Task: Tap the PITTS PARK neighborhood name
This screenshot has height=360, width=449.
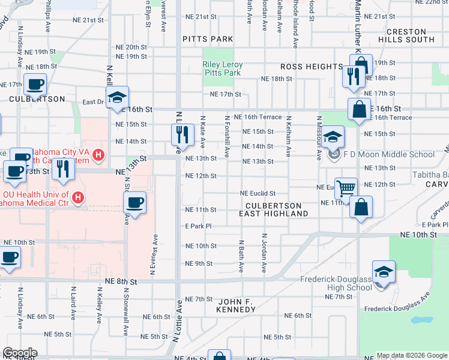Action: click(208, 39)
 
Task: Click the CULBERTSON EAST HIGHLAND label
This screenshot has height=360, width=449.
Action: click(273, 209)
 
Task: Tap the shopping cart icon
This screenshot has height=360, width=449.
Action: click(346, 188)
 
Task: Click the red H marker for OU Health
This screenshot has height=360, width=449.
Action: click(77, 197)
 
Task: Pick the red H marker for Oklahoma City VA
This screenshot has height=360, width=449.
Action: click(99, 155)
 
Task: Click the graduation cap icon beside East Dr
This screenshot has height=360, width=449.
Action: click(118, 98)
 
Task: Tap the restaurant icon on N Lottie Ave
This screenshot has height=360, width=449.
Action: click(182, 134)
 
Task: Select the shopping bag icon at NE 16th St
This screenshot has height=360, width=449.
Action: click(359, 110)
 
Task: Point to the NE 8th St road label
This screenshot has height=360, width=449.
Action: click(121, 281)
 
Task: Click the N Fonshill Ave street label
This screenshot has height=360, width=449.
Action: click(227, 137)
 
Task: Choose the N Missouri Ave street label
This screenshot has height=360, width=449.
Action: click(318, 139)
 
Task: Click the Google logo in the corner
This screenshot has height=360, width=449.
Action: click(20, 353)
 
